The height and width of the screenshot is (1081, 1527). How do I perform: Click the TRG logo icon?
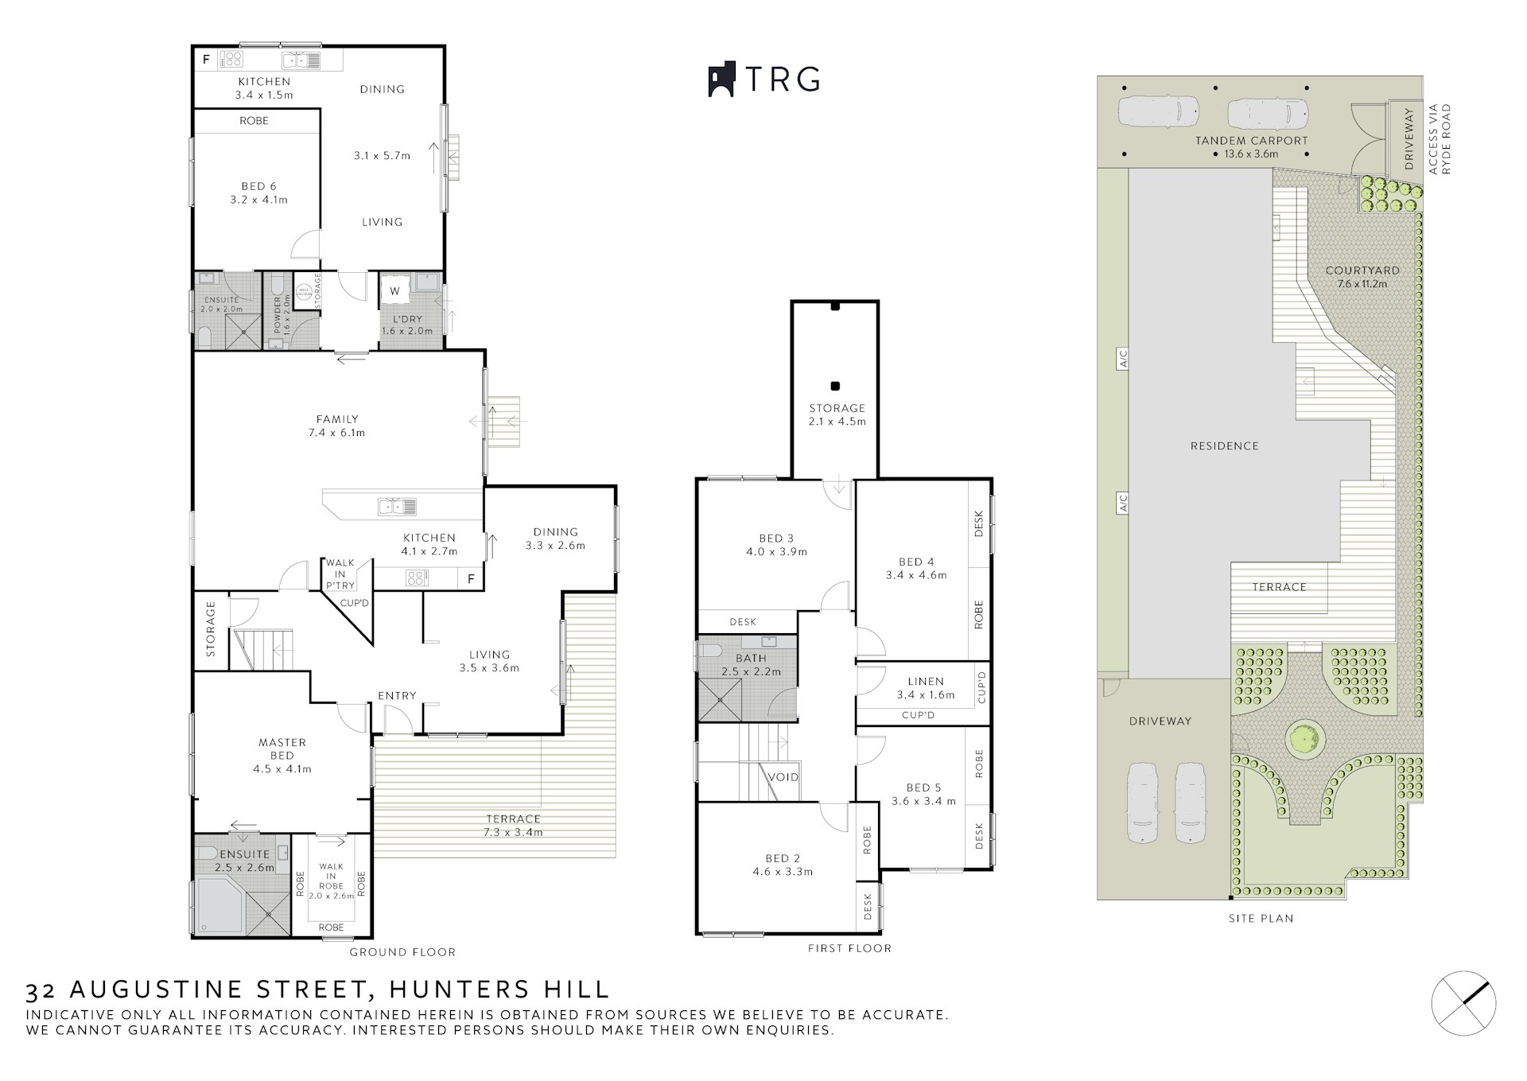coord(721,80)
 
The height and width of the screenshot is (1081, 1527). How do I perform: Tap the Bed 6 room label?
coord(259,193)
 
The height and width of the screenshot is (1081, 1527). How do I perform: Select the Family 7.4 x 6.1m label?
coord(337,426)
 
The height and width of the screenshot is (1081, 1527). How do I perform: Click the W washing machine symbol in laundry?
coord(394,292)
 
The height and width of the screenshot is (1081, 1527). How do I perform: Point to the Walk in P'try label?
coord(340,574)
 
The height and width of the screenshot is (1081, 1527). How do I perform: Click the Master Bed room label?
coord(282,756)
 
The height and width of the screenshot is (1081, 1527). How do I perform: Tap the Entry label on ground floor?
coord(397,696)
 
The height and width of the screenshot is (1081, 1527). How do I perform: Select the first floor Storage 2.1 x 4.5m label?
coord(837,414)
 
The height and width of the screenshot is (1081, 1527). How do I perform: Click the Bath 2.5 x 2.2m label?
coord(751,665)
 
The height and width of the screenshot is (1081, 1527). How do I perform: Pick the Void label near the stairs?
coord(783,777)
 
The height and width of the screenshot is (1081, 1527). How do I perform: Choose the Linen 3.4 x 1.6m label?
coord(926,688)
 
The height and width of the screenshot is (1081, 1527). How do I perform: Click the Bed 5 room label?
coord(923,794)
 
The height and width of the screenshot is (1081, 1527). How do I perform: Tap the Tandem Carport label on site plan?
coord(1252,147)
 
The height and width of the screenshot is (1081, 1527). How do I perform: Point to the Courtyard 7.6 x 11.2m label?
coord(1362,277)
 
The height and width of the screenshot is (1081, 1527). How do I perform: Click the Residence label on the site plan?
coord(1225,446)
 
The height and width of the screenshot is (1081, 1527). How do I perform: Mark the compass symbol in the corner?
coord(1463,1003)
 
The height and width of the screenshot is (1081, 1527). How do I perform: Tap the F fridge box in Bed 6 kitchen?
coord(206,59)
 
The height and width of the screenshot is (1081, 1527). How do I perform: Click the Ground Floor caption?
coord(402,952)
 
